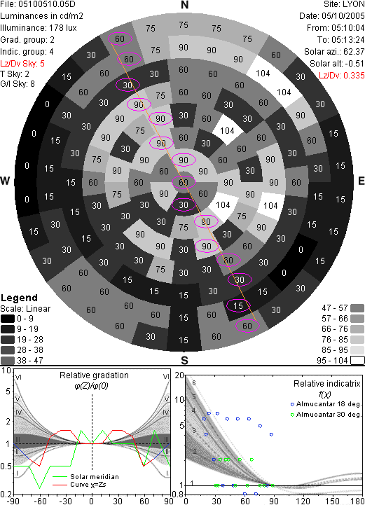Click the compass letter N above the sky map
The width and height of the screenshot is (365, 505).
[184, 5]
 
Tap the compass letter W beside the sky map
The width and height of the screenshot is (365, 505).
[5, 181]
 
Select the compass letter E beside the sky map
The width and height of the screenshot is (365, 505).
[361, 181]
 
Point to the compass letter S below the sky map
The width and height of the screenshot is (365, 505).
[184, 361]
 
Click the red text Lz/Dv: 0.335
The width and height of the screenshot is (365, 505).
[342, 76]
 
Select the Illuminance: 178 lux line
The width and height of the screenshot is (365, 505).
[39, 28]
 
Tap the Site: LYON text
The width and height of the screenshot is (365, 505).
[344, 4]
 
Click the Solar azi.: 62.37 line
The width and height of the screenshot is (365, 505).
[334, 52]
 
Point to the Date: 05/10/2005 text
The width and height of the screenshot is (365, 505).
[332, 16]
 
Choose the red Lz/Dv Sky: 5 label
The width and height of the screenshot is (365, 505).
[22, 64]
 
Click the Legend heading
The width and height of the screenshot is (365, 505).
[20, 298]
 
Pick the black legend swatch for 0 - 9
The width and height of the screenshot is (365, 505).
[8, 319]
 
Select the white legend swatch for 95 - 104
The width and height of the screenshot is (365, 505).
[357, 361]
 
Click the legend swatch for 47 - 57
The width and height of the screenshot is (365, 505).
[357, 308]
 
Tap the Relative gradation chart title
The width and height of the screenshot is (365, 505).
[94, 375]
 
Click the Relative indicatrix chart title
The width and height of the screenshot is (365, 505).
[327, 384]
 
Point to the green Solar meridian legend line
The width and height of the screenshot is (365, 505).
[60, 477]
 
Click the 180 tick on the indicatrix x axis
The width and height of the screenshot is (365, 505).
[357, 501]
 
